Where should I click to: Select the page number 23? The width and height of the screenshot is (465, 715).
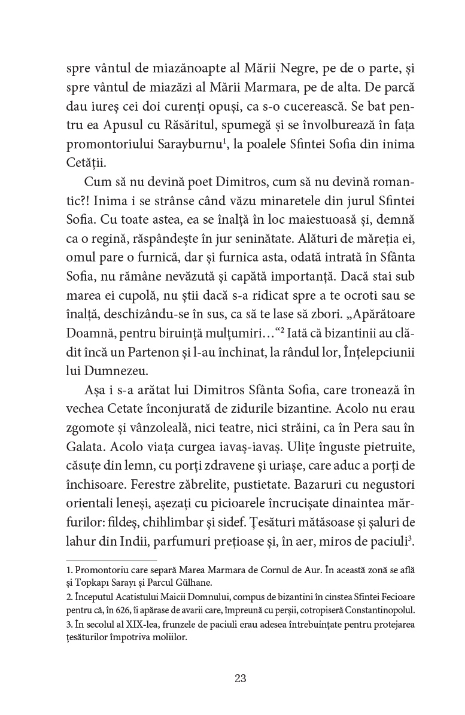point(240,678)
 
